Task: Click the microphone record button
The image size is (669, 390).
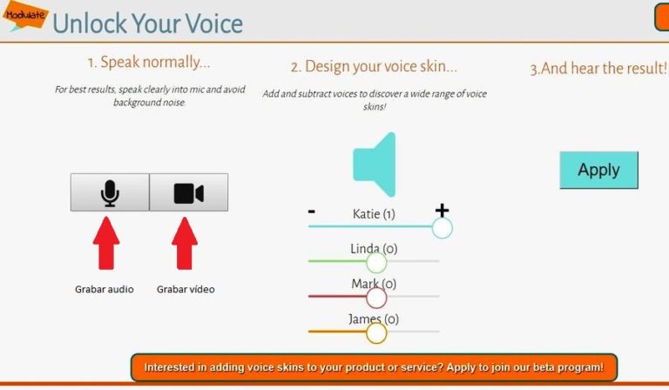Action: pos(110,192)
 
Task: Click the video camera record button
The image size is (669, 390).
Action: pos(188,192)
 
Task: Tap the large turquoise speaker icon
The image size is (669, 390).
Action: pos(375,165)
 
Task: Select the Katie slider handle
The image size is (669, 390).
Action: pos(442,227)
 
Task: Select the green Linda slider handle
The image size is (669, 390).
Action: pos(376,262)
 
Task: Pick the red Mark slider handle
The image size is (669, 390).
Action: pos(376,298)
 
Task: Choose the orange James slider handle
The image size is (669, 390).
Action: pos(376,333)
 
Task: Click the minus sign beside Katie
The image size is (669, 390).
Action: pos(312,212)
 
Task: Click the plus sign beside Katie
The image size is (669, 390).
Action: pos(442,211)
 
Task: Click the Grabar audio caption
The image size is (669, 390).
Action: pos(105,289)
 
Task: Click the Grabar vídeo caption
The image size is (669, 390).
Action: pos(186,289)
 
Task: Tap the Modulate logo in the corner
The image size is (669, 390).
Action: pos(24,16)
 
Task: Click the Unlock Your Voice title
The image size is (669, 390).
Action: pos(147,23)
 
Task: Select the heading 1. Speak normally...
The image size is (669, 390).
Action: pos(148,63)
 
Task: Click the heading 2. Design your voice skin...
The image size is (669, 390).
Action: pos(374,67)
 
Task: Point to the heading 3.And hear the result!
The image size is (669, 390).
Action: pos(598,68)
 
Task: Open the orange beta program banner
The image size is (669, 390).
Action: pos(374,367)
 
